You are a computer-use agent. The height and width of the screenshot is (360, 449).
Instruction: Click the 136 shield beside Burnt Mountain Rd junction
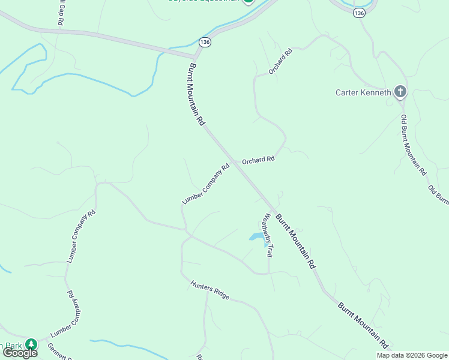pyautogui.click(x=205, y=42)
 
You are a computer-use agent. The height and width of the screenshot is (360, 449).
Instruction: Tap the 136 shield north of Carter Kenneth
pyautogui.click(x=359, y=13)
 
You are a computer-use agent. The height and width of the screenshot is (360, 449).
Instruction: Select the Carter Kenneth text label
pyautogui.click(x=363, y=92)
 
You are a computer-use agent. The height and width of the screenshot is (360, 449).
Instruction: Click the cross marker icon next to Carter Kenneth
pyautogui.click(x=400, y=92)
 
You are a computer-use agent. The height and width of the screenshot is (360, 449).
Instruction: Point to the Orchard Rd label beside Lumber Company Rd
pyautogui.click(x=258, y=160)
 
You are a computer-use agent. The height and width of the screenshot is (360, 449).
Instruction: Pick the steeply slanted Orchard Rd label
pyautogui.click(x=280, y=61)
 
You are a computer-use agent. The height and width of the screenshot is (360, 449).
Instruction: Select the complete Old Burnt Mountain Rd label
pyautogui.click(x=414, y=144)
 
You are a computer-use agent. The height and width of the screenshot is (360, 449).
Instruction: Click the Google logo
pyautogui.click(x=20, y=353)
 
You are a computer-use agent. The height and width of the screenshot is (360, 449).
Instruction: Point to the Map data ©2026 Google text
pyautogui.click(x=412, y=355)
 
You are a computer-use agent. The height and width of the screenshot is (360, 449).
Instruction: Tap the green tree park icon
pyautogui.click(x=31, y=344)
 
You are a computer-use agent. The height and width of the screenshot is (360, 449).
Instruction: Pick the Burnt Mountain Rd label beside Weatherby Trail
pyautogui.click(x=295, y=241)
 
